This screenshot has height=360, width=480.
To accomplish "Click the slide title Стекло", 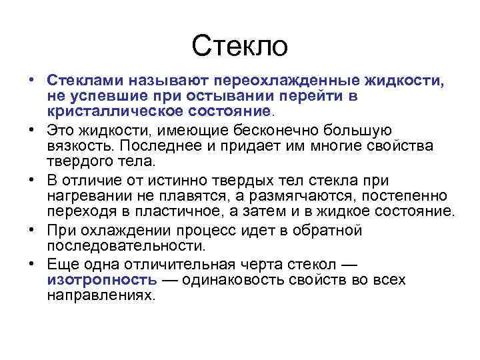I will point(239,46).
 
